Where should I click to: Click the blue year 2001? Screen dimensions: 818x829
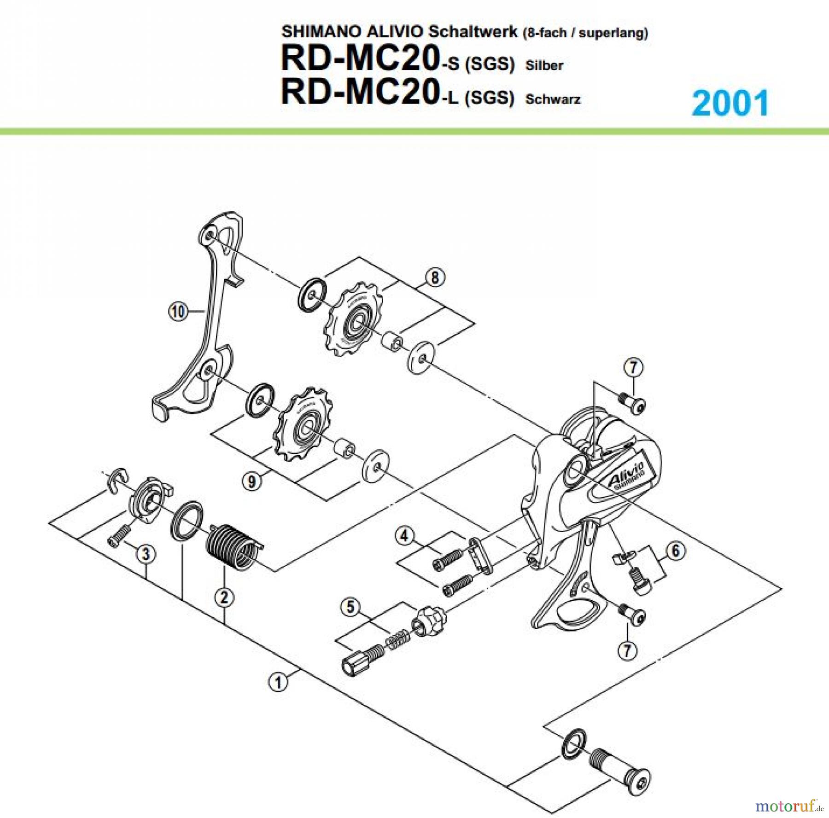pyautogui.click(x=730, y=103)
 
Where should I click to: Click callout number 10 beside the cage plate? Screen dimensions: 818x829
pyautogui.click(x=178, y=312)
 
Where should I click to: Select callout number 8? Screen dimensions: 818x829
pyautogui.click(x=435, y=277)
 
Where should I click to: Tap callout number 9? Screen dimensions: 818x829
pyautogui.click(x=251, y=482)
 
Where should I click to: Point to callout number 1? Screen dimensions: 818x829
pyautogui.click(x=278, y=682)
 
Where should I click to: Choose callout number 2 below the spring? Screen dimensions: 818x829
pyautogui.click(x=224, y=598)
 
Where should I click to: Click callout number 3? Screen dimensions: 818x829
pyautogui.click(x=146, y=554)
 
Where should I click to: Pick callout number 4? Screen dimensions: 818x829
pyautogui.click(x=404, y=536)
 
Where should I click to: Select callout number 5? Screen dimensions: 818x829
pyautogui.click(x=350, y=607)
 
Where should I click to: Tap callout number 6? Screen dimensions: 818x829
pyautogui.click(x=676, y=551)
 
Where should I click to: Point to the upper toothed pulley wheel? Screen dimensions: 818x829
pyautogui.click(x=354, y=321)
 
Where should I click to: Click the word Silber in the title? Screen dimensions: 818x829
pyautogui.click(x=544, y=66)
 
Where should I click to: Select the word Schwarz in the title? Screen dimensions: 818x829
pyautogui.click(x=553, y=99)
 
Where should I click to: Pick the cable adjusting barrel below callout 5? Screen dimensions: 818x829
pyautogui.click(x=362, y=658)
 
